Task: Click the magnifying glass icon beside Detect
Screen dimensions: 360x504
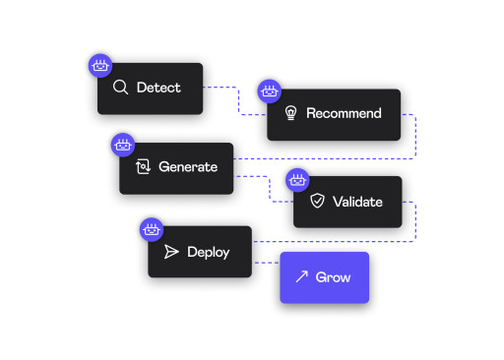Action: click(121, 88)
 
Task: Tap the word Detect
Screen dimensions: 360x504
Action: click(158, 88)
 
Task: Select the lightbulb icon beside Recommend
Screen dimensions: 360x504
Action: click(290, 113)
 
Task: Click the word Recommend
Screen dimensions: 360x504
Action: click(344, 113)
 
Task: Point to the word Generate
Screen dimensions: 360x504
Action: click(188, 167)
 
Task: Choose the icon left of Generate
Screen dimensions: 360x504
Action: click(143, 167)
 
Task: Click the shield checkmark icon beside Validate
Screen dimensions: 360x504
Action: click(317, 202)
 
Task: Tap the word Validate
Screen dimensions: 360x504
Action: click(357, 202)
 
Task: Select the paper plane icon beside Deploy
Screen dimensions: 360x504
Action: click(171, 252)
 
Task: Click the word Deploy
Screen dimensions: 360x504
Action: click(208, 252)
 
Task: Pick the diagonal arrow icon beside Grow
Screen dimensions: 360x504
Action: click(302, 277)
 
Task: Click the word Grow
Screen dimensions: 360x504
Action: click(333, 277)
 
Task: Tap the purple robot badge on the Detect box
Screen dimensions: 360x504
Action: click(99, 66)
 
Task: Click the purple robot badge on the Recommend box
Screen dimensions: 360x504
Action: click(270, 91)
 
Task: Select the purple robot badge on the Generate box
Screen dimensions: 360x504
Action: click(123, 146)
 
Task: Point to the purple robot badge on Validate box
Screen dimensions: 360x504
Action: click(296, 179)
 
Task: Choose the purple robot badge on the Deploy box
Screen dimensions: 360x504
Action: click(152, 229)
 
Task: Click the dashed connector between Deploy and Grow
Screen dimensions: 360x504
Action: click(266, 263)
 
